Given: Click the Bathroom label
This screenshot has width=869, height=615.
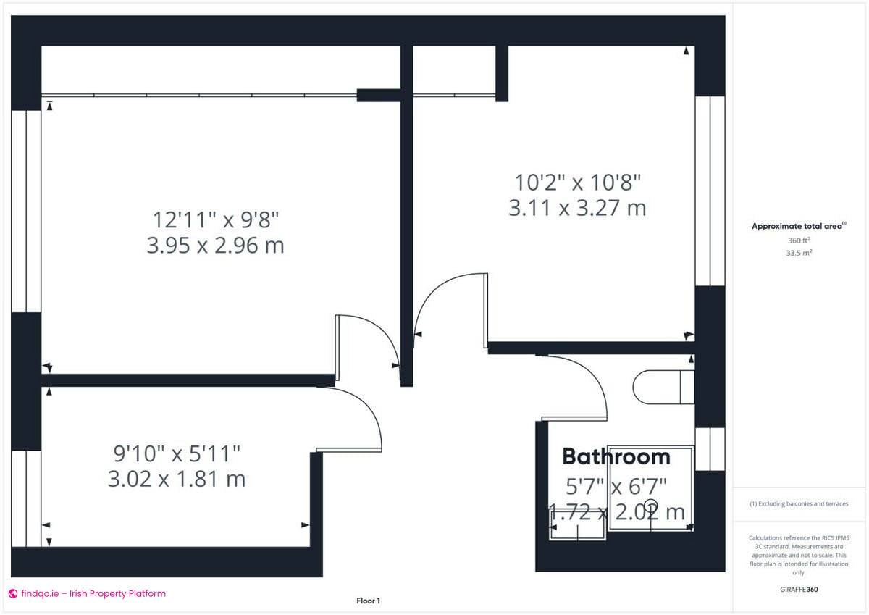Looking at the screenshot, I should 616,456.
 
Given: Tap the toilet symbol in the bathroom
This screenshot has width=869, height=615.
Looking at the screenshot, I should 662,387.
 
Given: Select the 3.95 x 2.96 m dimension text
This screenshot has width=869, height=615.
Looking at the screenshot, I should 215,246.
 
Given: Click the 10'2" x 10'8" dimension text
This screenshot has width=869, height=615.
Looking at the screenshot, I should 577,181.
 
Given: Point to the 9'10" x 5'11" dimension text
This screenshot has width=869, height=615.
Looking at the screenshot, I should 177,454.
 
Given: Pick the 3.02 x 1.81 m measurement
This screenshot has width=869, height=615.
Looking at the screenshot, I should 177,479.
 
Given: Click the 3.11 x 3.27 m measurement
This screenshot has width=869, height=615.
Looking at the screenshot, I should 577,209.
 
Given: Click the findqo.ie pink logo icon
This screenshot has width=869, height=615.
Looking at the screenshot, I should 12,593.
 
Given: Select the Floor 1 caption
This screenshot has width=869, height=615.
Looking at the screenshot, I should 368,601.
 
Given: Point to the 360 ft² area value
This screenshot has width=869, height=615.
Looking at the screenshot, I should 799,240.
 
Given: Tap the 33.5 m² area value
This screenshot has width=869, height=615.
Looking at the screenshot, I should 799,253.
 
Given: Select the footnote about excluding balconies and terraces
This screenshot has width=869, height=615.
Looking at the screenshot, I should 799,503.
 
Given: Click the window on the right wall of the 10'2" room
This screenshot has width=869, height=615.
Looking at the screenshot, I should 710,191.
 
